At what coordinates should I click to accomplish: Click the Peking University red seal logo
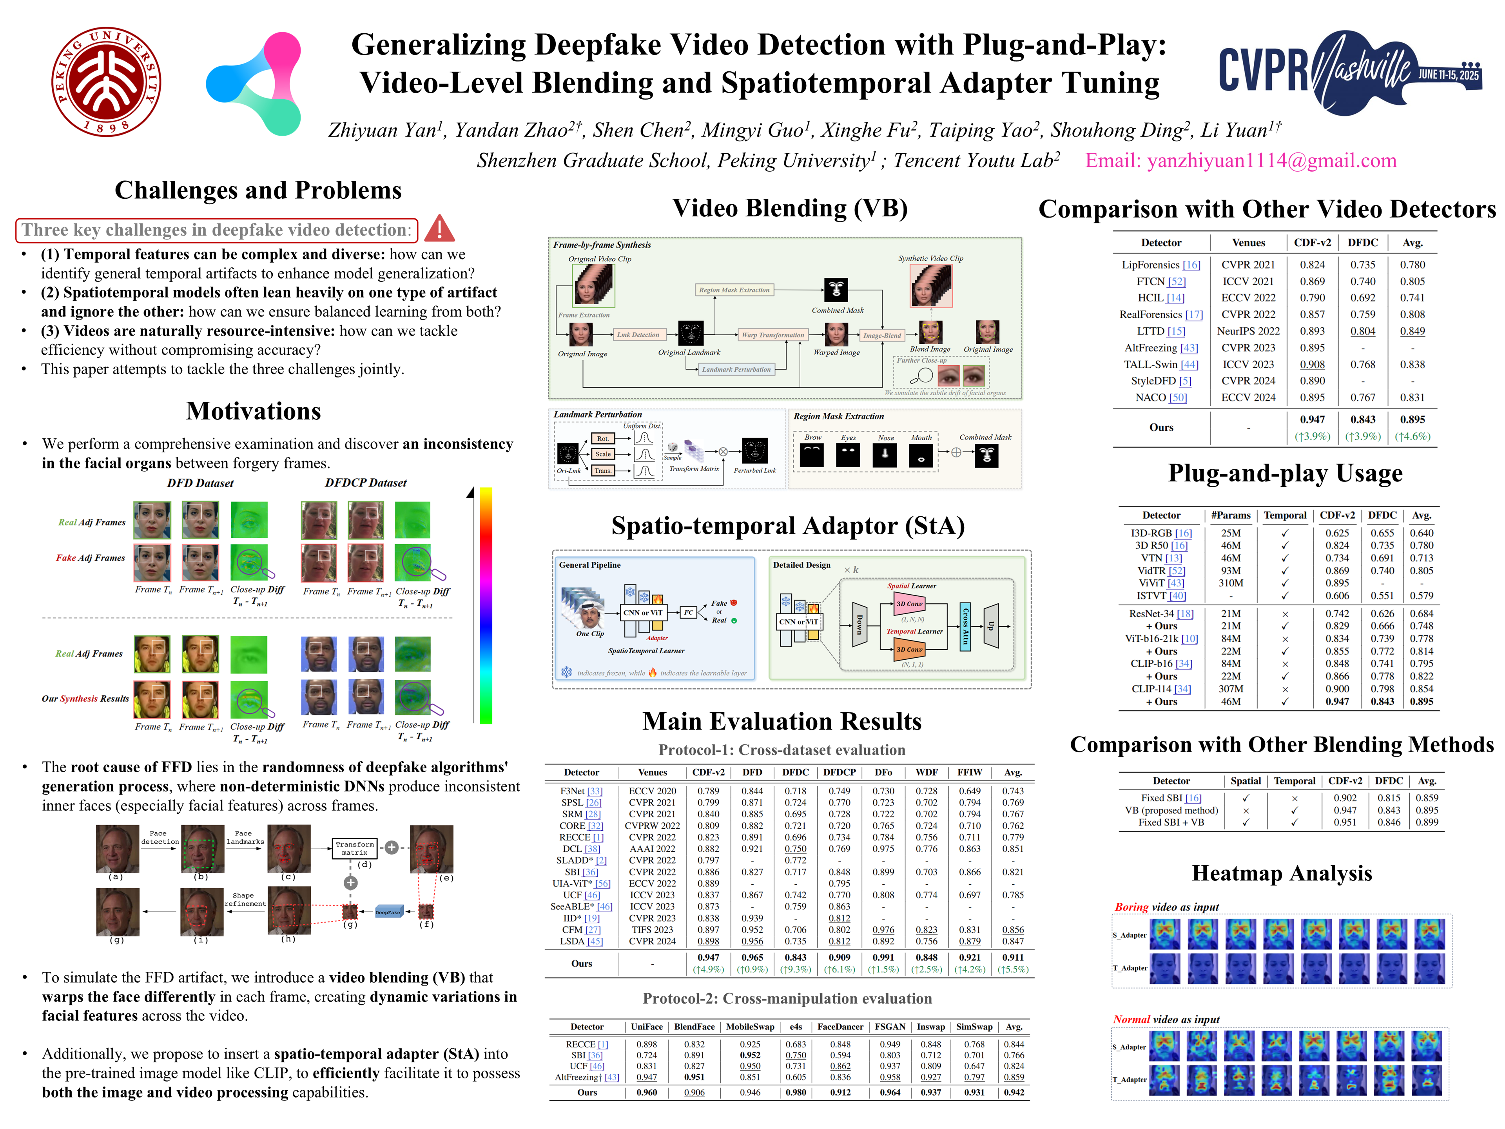(x=107, y=82)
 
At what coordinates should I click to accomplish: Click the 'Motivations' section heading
(x=253, y=411)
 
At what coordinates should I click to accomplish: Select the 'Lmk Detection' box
(x=638, y=335)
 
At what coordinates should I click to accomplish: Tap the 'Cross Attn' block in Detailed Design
(x=965, y=626)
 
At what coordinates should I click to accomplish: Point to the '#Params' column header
(x=1230, y=515)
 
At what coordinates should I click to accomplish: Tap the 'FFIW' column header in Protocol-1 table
(x=970, y=772)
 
